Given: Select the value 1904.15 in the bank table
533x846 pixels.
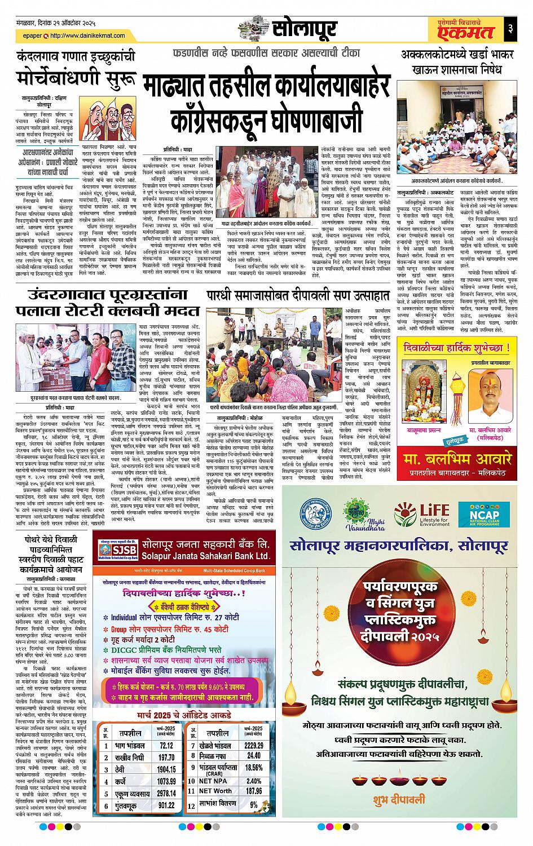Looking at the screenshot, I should click(x=166, y=768).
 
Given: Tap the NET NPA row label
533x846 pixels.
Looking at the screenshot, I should click(x=212, y=781).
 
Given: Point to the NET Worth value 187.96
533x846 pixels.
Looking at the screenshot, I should click(x=254, y=791).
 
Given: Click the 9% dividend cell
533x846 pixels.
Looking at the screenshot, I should click(x=254, y=805).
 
